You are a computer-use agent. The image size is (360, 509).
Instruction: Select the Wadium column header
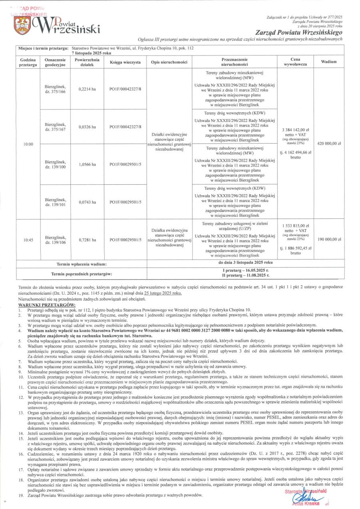coord(328,62)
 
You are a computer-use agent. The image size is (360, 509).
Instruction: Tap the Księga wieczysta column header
coord(125,62)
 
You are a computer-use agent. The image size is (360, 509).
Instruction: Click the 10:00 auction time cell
coord(28,144)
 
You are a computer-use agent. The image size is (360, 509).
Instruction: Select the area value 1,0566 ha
coord(87,164)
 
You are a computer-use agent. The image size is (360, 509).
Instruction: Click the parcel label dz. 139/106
coord(55,242)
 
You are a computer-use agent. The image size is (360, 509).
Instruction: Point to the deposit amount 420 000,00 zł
coord(328,143)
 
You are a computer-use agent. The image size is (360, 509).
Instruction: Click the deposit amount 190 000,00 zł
coord(328,239)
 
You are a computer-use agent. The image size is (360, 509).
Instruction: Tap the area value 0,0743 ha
coord(87,202)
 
